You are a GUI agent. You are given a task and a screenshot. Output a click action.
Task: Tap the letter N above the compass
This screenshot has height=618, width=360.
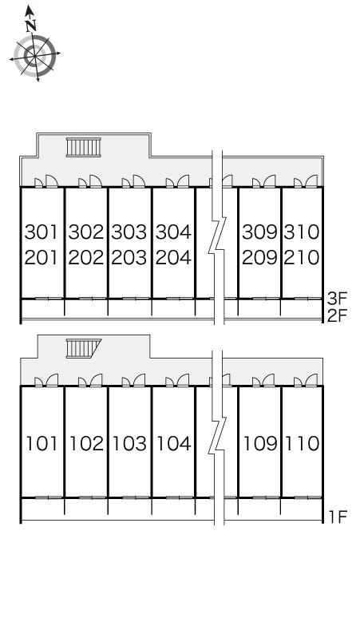(31, 25)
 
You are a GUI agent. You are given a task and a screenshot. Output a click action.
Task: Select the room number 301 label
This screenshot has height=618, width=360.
(42, 232)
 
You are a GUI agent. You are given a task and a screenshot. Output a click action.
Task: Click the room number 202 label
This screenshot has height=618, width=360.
(86, 258)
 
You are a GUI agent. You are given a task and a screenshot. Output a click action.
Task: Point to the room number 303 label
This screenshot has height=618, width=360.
(129, 232)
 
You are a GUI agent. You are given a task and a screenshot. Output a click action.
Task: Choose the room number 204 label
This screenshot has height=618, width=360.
(173, 258)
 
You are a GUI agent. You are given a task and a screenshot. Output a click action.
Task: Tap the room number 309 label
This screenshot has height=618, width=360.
(259, 232)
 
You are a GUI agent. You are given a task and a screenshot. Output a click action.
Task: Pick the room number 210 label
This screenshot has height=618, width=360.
(302, 258)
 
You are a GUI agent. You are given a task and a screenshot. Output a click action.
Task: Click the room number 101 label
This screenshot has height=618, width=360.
(42, 443)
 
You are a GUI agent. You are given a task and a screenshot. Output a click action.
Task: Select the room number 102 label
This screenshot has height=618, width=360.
(86, 443)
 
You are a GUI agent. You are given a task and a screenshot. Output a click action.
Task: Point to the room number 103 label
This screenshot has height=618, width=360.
(129, 443)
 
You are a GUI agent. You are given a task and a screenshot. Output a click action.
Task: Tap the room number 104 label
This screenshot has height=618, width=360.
(173, 443)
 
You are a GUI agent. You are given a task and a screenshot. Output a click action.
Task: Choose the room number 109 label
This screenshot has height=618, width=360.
(259, 443)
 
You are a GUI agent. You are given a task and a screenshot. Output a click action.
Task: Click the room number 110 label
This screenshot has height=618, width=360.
(302, 443)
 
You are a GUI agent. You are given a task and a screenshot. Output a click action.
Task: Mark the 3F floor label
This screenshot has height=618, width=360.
(337, 299)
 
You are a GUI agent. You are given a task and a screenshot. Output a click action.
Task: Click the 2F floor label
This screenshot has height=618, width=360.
(337, 315)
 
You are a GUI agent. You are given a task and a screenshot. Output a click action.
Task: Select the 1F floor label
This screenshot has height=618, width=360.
(336, 517)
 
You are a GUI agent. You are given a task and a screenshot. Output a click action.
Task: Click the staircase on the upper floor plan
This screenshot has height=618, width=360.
(82, 147)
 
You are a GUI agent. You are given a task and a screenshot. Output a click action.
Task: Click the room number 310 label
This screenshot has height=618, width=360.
(302, 232)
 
